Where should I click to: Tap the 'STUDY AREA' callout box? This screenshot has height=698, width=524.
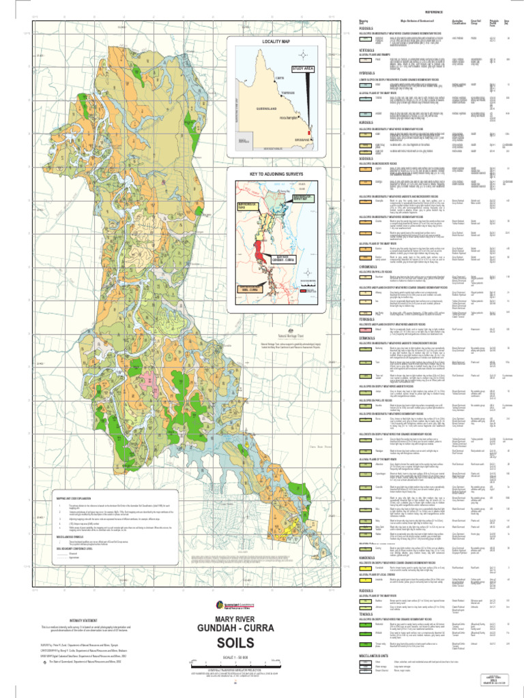point(302,69)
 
